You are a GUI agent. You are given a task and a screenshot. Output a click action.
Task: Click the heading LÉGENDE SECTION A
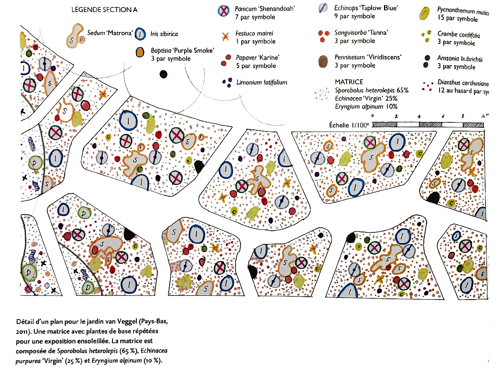pos(104,10)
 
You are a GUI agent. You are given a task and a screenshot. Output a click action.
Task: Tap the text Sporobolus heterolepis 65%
pos(372,90)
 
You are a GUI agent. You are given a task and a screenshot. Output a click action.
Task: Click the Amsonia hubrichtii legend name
pos(459,59)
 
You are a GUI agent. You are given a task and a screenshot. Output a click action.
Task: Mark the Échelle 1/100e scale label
pos(347,124)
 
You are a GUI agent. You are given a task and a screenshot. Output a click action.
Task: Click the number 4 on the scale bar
pos(420,117)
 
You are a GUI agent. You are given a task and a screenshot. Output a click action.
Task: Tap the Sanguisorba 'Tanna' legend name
pos(361,32)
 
